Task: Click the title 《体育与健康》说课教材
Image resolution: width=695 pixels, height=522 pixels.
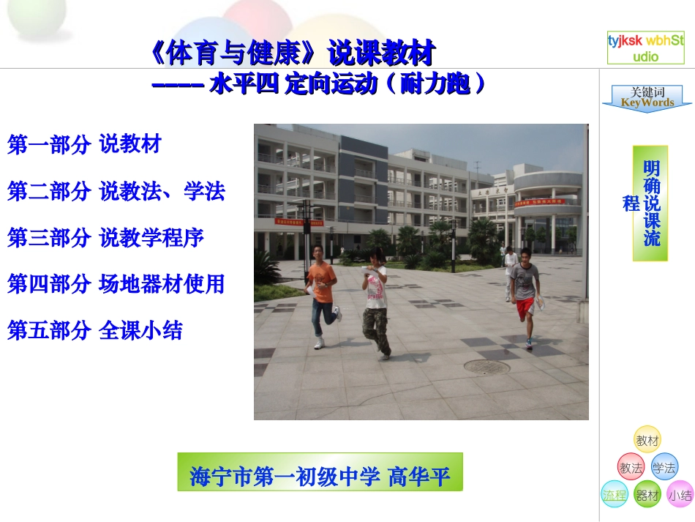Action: (x=291, y=53)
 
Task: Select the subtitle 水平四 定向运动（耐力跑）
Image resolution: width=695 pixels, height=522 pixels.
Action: (x=319, y=85)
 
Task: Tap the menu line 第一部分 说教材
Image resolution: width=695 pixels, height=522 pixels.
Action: (x=84, y=144)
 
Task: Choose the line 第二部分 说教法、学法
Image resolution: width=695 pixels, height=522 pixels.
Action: (x=116, y=191)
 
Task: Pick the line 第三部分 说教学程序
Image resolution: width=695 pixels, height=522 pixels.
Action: (x=105, y=237)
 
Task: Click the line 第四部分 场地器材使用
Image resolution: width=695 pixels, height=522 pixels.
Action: (x=116, y=284)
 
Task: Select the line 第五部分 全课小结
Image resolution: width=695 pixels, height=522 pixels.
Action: (x=95, y=331)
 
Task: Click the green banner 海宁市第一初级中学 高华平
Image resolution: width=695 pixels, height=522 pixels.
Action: (x=320, y=476)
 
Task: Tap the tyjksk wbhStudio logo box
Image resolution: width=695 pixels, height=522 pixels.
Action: (x=645, y=48)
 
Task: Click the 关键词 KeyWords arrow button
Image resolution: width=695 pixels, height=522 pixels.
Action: (x=647, y=99)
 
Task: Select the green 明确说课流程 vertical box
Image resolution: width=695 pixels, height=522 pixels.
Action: (x=650, y=203)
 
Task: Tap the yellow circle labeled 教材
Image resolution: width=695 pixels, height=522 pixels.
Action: (x=647, y=440)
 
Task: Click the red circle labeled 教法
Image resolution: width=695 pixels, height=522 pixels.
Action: (x=631, y=467)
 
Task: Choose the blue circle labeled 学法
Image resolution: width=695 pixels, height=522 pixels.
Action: (x=664, y=467)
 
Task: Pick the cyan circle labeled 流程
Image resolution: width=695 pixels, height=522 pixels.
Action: (x=615, y=495)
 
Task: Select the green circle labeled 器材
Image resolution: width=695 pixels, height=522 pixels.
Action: (x=647, y=495)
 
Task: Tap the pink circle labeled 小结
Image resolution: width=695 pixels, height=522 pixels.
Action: (x=680, y=495)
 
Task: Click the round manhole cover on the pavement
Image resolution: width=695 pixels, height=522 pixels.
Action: (x=486, y=367)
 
